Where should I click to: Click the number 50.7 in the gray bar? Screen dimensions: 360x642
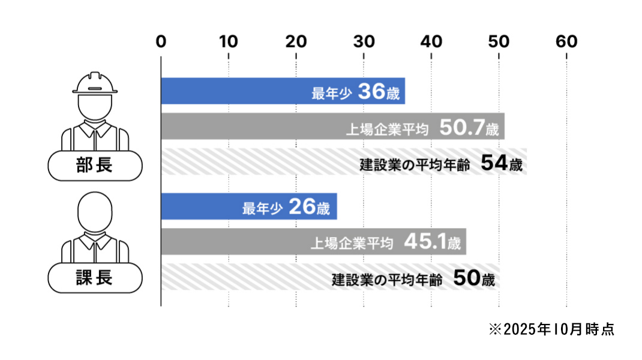coord(461,127)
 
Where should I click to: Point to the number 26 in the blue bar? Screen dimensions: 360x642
coord(302,207)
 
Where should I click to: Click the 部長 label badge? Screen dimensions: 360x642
coord(95,165)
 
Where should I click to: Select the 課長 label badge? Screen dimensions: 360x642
coord(95,278)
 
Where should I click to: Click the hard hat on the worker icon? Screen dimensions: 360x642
coord(95,83)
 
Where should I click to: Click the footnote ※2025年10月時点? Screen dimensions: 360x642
coord(551,329)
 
